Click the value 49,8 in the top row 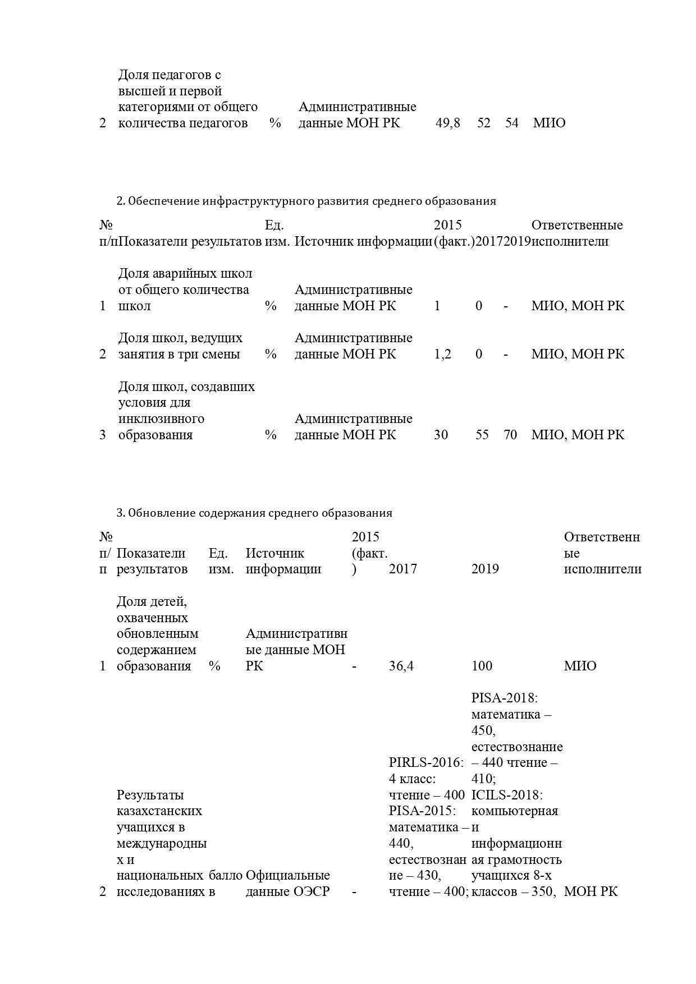[447, 123]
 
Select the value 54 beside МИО [511, 123]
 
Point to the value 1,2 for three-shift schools [442, 354]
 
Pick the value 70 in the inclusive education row [510, 435]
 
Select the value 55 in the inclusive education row [482, 435]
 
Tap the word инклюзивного [161, 419]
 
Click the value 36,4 [401, 666]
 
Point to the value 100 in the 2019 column [482, 666]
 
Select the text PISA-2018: [505, 698]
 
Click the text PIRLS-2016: [427, 762]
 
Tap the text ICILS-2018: [506, 795]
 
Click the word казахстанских [159, 811]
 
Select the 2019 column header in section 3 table [485, 569]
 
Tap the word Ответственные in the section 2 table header [576, 225]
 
